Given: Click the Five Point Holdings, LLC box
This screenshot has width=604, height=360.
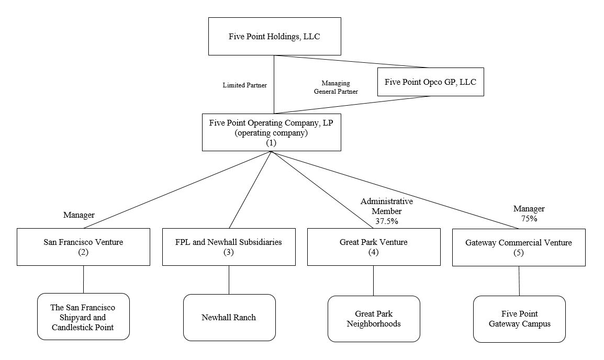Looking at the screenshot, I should click(x=274, y=36).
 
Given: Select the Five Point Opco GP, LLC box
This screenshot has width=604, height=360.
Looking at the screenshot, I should click(x=430, y=82).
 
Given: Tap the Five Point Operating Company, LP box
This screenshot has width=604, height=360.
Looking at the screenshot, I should click(x=271, y=132).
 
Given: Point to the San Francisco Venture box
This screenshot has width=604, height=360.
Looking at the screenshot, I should click(x=83, y=246).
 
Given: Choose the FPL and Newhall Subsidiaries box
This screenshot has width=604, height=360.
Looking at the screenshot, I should click(x=229, y=246).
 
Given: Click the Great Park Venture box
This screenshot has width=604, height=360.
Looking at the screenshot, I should click(x=373, y=246).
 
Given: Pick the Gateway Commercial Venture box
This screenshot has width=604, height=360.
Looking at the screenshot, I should click(x=519, y=247).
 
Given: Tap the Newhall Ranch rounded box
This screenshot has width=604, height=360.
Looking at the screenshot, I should click(x=229, y=317).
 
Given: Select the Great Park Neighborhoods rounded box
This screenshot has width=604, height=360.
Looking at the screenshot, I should click(x=374, y=319).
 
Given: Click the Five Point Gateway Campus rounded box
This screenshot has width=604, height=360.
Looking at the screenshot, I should click(x=519, y=319).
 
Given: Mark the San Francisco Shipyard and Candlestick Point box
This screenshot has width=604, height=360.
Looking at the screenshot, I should click(x=83, y=317).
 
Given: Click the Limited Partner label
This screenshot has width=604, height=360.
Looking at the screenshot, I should click(x=245, y=85).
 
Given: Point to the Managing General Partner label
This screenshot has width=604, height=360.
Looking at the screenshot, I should click(x=335, y=87).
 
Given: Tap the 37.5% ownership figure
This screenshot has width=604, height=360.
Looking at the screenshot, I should click(x=386, y=221).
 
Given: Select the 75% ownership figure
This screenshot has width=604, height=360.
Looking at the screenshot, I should click(x=529, y=219).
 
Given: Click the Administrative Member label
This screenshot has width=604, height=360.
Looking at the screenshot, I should click(x=386, y=206).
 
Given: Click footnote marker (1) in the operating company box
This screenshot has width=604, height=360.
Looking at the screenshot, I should click(x=271, y=143).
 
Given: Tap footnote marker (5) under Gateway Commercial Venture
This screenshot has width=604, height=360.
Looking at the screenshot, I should click(x=519, y=253).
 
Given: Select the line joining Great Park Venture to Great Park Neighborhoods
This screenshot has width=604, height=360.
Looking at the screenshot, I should click(x=373, y=280).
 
